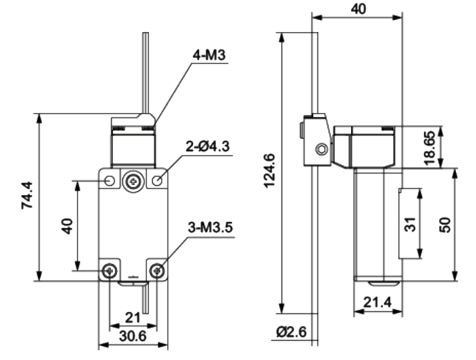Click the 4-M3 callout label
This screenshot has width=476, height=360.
point(209,55)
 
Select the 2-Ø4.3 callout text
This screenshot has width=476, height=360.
point(208,147)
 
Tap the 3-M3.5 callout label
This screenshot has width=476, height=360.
point(211,228)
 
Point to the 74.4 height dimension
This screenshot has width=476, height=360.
point(27,195)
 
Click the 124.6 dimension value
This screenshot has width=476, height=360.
point(269,171)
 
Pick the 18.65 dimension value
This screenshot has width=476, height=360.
point(430,148)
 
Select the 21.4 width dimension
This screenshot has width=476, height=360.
point(378,302)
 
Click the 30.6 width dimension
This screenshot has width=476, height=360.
point(132,336)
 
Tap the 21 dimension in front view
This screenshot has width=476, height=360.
point(132,317)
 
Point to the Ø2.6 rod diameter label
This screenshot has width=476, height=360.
point(291,332)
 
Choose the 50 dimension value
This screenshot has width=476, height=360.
point(445,224)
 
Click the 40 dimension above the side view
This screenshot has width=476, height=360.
point(358,9)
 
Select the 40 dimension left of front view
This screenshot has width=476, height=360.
point(68,226)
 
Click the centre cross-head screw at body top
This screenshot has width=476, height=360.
point(133,182)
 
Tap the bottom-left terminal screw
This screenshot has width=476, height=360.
point(110,271)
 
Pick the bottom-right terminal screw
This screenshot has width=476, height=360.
point(157,271)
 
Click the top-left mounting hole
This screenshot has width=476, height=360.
point(110,181)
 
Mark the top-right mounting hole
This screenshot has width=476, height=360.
point(157,181)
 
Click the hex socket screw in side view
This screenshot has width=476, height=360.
point(321,149)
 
